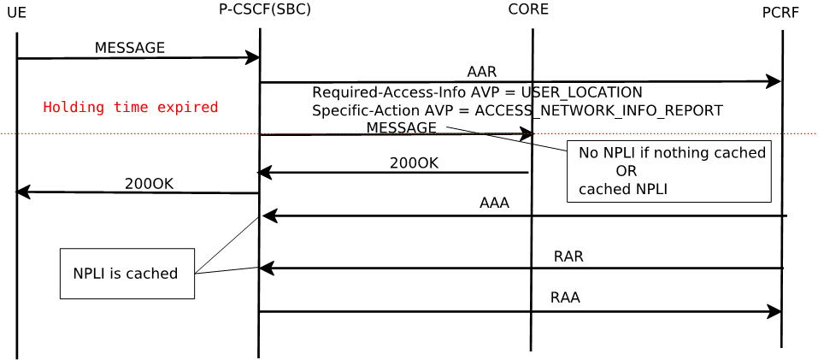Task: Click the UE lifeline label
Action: click(x=16, y=13)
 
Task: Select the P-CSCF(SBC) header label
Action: click(x=264, y=9)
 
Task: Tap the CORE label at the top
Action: click(x=528, y=9)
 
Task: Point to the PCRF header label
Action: click(x=780, y=13)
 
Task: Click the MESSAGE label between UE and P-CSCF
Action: click(x=129, y=48)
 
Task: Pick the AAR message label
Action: click(x=481, y=72)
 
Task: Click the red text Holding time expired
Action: click(x=131, y=108)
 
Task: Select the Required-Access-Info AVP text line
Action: click(x=476, y=92)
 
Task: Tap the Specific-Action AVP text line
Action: click(x=517, y=110)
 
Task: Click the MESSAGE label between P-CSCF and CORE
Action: click(x=401, y=127)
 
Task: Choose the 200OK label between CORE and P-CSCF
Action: click(x=414, y=163)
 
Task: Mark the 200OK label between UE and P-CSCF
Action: click(x=149, y=184)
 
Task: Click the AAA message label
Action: click(x=494, y=204)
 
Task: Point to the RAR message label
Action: click(x=568, y=257)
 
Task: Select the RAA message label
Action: click(x=565, y=298)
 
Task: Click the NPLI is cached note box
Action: click(x=127, y=274)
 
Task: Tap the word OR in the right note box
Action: click(x=626, y=171)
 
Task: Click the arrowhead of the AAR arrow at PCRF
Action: click(x=774, y=81)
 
